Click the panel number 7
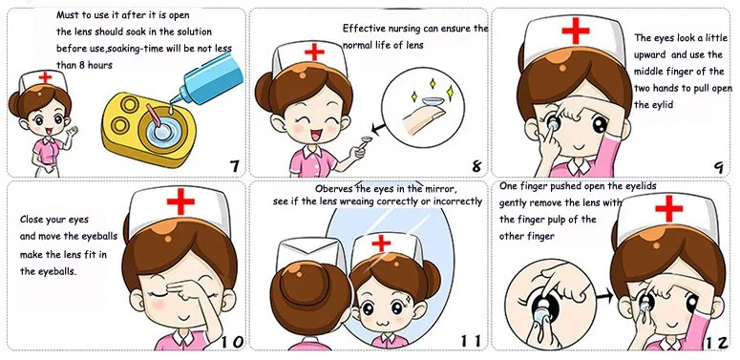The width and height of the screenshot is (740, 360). pyautogui.click(x=234, y=166)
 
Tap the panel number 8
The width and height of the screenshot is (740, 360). pyautogui.click(x=476, y=166)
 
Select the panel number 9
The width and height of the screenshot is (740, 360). pyautogui.click(x=719, y=167)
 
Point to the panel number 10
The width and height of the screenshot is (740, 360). pyautogui.click(x=232, y=342)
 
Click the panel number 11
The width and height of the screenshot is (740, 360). pyautogui.click(x=471, y=341)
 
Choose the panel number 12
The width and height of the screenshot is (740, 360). pyautogui.click(x=716, y=343)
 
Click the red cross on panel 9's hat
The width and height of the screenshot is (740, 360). pyautogui.click(x=576, y=31)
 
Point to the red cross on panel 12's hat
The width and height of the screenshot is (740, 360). pyautogui.click(x=668, y=207)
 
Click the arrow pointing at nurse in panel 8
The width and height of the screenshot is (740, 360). pyautogui.click(x=378, y=127)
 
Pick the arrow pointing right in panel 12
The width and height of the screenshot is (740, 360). pyautogui.click(x=603, y=296)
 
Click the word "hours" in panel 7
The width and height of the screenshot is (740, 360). pyautogui.click(x=99, y=66)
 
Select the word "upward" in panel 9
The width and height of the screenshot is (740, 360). pyautogui.click(x=650, y=54)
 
